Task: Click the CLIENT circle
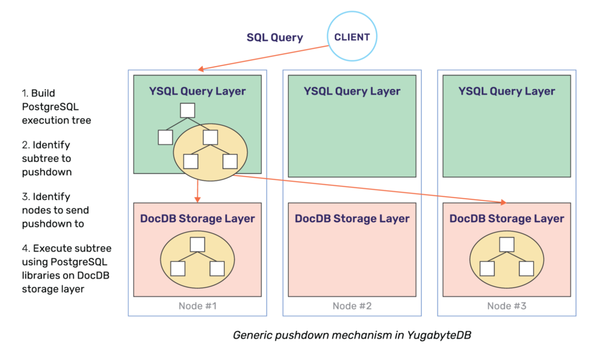click(352, 37)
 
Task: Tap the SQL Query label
click(274, 37)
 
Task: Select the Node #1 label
click(197, 306)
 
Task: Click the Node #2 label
click(352, 306)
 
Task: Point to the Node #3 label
click(507, 306)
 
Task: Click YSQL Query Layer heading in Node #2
click(352, 91)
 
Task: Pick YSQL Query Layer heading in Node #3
click(507, 91)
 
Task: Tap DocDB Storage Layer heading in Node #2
click(352, 219)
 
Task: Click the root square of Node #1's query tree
click(187, 110)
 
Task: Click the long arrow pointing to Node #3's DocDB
click(374, 188)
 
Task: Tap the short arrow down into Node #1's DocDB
click(199, 191)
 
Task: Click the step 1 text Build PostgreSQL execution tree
click(57, 107)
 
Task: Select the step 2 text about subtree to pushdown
click(47, 158)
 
